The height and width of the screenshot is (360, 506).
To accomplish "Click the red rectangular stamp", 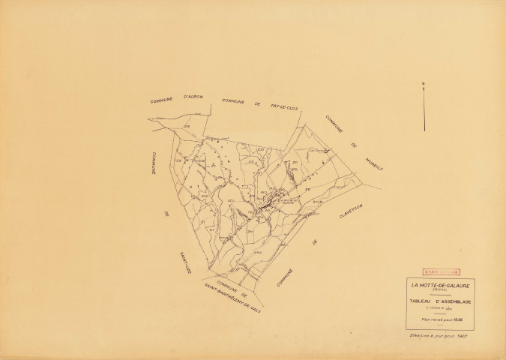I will (x=440, y=262).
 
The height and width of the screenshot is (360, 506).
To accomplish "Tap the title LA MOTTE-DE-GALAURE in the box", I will (x=439, y=284).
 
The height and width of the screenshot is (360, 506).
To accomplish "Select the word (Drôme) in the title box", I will (x=439, y=289).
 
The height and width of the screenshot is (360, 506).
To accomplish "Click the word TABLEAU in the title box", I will (x=421, y=301).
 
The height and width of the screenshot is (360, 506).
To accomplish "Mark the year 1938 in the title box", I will (x=458, y=317).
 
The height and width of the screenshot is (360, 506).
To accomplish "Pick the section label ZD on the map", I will (x=294, y=162).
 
